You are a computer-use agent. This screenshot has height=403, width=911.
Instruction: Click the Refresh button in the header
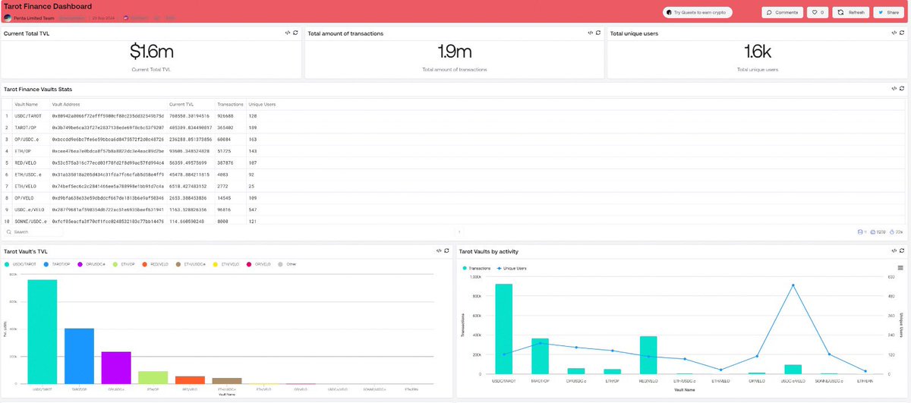coord(851,12)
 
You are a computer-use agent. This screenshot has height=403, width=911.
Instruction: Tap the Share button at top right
coord(888,12)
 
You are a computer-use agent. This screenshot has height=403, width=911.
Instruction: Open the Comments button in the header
coord(782,12)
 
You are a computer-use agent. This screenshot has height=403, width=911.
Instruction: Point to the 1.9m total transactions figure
coord(454,52)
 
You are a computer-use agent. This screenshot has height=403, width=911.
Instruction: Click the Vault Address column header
coord(67,104)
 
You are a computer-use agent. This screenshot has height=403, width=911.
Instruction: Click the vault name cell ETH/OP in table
coord(23,150)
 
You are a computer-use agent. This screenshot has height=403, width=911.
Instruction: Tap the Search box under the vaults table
coord(46,231)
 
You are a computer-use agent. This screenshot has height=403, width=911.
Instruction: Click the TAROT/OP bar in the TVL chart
coord(79,356)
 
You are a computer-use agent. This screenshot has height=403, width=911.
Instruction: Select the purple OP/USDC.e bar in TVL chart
coord(116,367)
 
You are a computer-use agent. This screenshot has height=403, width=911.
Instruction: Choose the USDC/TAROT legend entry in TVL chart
coord(22,264)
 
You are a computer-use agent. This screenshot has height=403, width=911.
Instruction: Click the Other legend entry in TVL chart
coord(289,264)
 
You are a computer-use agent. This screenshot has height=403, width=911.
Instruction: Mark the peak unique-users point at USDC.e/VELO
coord(793,285)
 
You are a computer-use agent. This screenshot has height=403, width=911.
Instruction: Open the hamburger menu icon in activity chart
coord(900,268)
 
